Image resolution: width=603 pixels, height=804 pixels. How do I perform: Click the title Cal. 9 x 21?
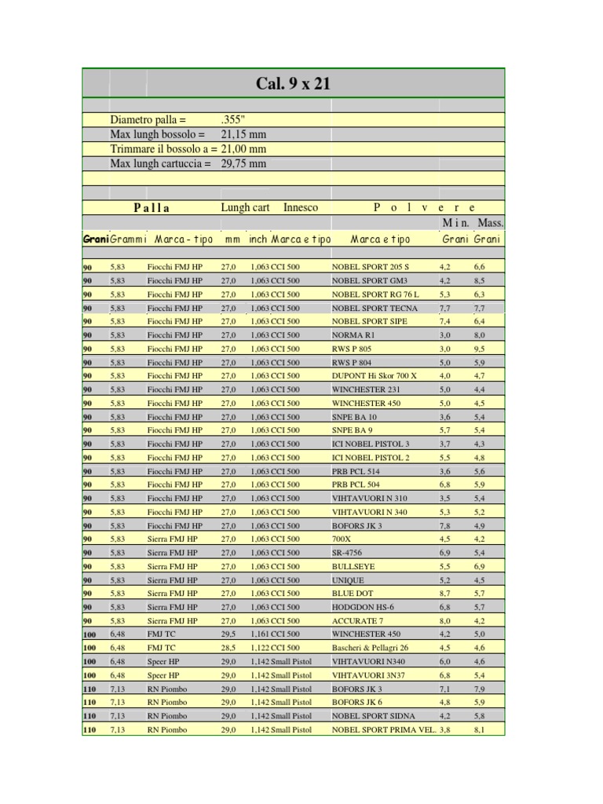(x=294, y=83)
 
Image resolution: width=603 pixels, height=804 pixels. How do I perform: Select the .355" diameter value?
(x=235, y=121)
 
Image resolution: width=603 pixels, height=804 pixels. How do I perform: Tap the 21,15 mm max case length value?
(x=243, y=135)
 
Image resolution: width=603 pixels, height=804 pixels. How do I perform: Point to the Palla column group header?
(x=152, y=208)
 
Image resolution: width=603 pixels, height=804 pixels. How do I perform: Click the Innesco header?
(x=301, y=207)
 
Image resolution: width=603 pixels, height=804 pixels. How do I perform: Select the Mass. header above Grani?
(x=489, y=223)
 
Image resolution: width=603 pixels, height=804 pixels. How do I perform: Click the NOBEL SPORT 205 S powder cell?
(x=370, y=268)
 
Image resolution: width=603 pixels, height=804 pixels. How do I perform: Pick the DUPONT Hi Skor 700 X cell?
(x=374, y=376)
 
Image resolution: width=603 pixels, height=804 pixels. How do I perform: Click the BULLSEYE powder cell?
(x=353, y=566)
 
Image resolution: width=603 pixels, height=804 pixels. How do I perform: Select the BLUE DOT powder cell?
(x=353, y=594)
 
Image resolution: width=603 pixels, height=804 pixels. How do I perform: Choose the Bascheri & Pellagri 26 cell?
(x=370, y=648)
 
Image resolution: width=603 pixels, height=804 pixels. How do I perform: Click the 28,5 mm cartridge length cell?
(x=228, y=648)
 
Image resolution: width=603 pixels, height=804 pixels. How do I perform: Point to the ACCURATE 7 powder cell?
(x=357, y=620)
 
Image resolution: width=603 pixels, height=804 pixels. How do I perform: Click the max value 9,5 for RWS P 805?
(x=479, y=349)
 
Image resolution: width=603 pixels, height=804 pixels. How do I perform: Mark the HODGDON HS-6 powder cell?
(x=362, y=607)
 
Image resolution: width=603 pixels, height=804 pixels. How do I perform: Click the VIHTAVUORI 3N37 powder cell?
(x=368, y=675)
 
